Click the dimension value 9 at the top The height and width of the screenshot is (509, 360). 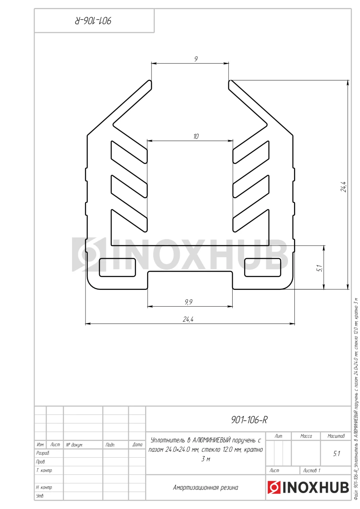[196, 59]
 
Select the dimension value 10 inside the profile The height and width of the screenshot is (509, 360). [196, 136]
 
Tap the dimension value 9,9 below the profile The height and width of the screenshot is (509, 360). [189, 302]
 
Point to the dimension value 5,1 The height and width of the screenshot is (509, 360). [320, 268]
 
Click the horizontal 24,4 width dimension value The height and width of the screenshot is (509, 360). [188, 319]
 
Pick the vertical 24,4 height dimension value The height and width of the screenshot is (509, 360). [343, 187]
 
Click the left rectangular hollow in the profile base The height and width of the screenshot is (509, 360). [117, 268]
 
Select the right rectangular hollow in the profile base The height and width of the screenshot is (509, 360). [263, 268]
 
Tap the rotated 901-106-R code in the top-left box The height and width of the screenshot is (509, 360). [93, 21]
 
